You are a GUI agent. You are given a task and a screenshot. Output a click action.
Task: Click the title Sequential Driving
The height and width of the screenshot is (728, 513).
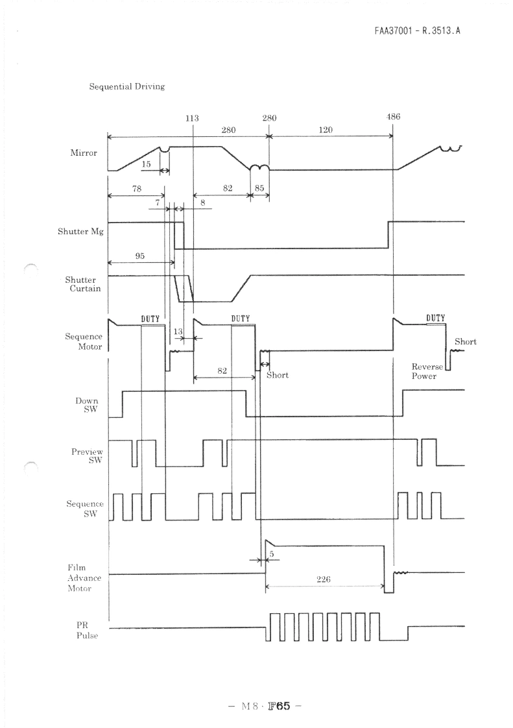pyautogui.click(x=126, y=86)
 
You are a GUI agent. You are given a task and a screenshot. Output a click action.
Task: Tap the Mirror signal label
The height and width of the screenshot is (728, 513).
pyautogui.click(x=84, y=152)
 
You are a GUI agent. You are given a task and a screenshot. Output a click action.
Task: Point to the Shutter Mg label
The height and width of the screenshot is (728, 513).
pyautogui.click(x=80, y=231)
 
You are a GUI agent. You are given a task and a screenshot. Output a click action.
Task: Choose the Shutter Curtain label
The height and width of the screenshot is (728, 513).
pyautogui.click(x=82, y=284)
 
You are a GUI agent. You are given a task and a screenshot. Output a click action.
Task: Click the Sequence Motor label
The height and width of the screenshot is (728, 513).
pyautogui.click(x=84, y=341)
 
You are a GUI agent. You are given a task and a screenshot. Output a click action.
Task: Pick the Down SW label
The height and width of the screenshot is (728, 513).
pyautogui.click(x=87, y=405)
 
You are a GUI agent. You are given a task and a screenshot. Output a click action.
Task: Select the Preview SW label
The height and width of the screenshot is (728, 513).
pyautogui.click(x=88, y=455)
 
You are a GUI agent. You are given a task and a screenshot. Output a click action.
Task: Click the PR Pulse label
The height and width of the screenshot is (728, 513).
pyautogui.click(x=87, y=631)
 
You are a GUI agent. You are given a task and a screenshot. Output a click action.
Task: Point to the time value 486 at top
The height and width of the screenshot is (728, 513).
pyautogui.click(x=393, y=117)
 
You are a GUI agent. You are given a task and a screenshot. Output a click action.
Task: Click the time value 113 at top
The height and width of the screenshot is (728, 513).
pyautogui.click(x=192, y=118)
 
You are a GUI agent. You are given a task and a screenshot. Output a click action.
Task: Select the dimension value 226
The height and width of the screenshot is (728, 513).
pyautogui.click(x=323, y=579)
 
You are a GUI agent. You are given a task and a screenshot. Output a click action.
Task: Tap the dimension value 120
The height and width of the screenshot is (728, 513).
pyautogui.click(x=326, y=130)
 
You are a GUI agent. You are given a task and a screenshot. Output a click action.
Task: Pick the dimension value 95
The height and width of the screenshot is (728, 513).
pyautogui.click(x=139, y=256)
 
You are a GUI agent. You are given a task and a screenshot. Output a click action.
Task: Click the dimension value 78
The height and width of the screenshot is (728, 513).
pyautogui.click(x=136, y=189)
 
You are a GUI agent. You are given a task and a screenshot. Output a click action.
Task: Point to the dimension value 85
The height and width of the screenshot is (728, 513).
pyautogui.click(x=259, y=188)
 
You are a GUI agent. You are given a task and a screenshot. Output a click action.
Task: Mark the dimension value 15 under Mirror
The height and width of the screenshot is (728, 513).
pyautogui.click(x=146, y=164)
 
